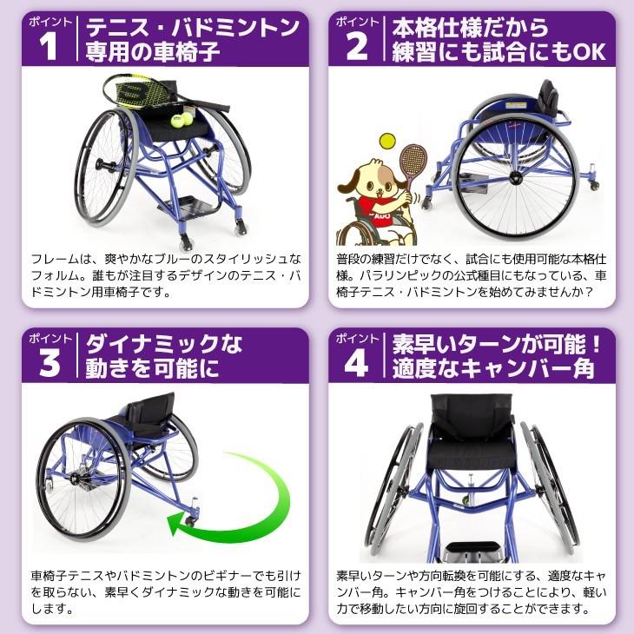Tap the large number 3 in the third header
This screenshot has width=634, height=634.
pyautogui.click(x=50, y=362)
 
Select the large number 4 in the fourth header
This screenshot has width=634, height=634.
pyautogui.click(x=357, y=362)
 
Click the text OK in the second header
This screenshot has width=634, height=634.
pyautogui.click(x=588, y=53)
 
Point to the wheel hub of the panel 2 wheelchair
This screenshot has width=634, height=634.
pyautogui.click(x=516, y=178)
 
